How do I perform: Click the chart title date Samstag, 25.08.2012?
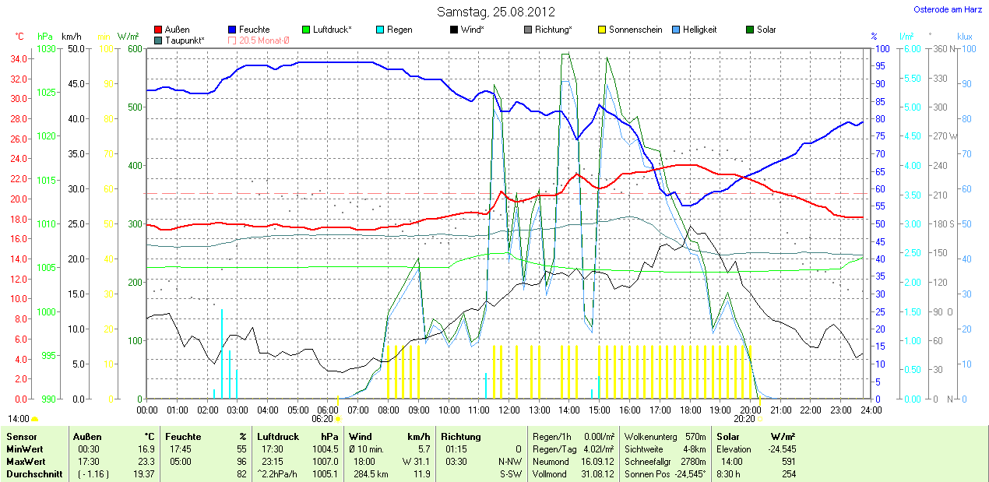click(495, 12)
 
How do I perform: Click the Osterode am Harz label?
click(947, 9)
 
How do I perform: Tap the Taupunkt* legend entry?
click(185, 40)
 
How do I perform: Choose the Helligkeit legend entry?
click(699, 30)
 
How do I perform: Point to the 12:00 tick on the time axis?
click(509, 410)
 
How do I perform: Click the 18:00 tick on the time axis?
click(689, 410)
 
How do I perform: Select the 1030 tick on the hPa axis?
click(47, 48)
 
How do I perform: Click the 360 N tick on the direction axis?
click(943, 48)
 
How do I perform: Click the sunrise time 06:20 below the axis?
click(322, 418)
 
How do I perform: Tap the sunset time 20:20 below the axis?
click(744, 418)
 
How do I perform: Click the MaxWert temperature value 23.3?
click(146, 461)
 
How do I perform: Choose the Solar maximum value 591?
click(787, 461)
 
